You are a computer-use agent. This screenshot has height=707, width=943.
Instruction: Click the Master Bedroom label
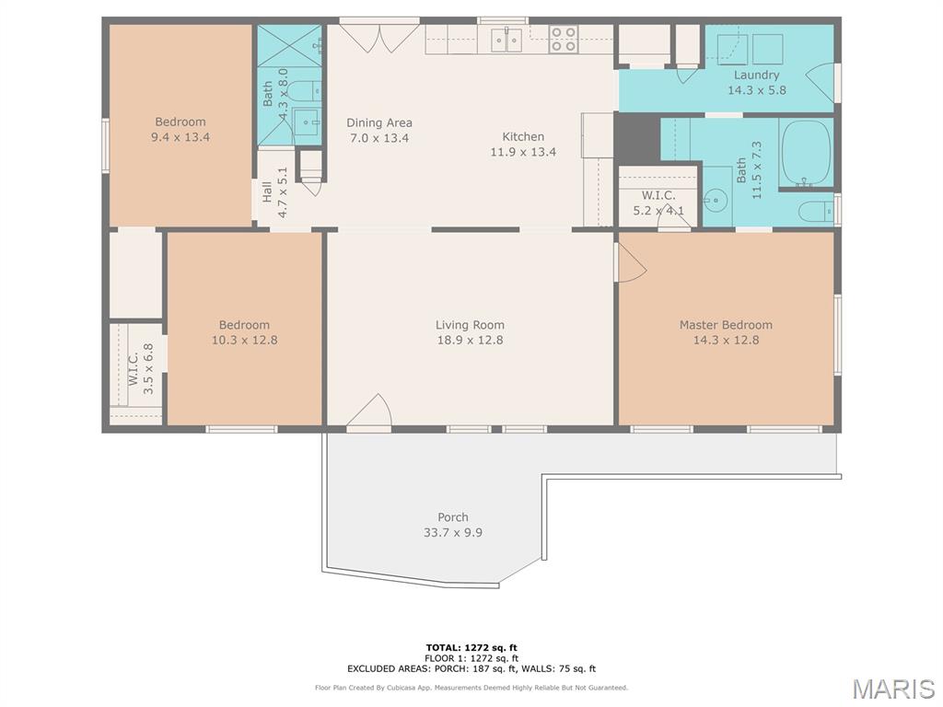[x=726, y=325]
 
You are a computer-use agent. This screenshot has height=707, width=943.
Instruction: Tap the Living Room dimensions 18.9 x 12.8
[x=470, y=341]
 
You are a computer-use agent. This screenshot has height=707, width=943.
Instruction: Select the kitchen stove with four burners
[x=564, y=39]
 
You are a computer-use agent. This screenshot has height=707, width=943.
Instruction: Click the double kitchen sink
[x=506, y=41]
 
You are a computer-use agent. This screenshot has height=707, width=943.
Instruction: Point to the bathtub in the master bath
[x=806, y=153]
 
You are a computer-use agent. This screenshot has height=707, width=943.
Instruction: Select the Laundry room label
[x=757, y=75]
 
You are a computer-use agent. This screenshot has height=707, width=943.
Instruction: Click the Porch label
[x=453, y=517]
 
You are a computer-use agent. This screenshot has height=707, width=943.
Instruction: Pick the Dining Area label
[x=379, y=123]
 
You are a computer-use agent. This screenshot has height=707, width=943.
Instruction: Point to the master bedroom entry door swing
[x=630, y=262]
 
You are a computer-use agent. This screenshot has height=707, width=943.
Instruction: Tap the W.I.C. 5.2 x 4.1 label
[x=658, y=203]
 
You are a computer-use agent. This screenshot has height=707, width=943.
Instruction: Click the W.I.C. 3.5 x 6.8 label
[x=141, y=368]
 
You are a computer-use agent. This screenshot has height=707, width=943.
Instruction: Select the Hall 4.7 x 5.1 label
[x=274, y=192]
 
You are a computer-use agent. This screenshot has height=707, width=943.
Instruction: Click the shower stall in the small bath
[x=290, y=45]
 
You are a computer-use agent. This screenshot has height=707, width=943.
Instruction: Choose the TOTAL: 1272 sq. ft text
[x=471, y=647]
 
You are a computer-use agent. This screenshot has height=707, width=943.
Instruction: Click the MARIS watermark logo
[x=893, y=689]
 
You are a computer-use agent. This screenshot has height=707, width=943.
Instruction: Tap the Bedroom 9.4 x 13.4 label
[x=180, y=129]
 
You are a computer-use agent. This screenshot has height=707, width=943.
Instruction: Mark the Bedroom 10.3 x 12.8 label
[x=244, y=332]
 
